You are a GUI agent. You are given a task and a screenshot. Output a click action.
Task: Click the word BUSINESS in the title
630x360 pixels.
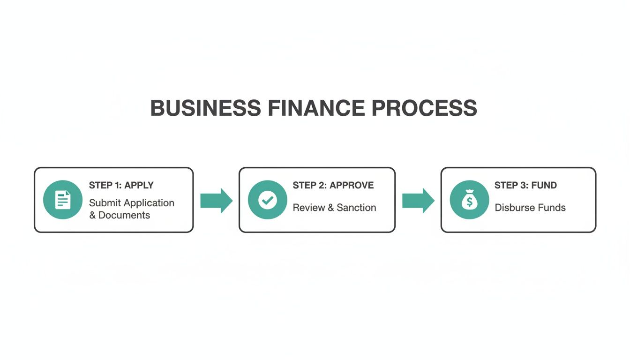point(205,108)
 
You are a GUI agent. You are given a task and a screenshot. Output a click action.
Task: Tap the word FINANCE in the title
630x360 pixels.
point(316,108)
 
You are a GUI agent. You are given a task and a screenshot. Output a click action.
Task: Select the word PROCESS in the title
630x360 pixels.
point(424,108)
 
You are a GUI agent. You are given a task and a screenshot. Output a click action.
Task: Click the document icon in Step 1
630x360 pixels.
point(63,200)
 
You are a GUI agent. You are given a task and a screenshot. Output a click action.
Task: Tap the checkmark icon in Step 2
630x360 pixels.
point(268,200)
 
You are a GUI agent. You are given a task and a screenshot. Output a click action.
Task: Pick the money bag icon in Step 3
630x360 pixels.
point(469,200)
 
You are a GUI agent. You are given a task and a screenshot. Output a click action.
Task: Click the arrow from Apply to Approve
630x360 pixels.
point(216,201)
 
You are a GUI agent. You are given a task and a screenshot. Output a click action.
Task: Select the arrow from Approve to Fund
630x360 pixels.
point(418,201)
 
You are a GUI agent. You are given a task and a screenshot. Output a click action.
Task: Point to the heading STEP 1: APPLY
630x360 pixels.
point(121,185)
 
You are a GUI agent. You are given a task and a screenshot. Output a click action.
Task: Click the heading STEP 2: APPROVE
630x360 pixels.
point(333,185)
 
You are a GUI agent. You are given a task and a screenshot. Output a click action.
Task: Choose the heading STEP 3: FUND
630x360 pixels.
point(525,185)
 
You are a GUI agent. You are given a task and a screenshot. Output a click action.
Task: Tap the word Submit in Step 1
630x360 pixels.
point(105,203)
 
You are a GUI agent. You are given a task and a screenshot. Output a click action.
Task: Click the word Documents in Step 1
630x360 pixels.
point(124,215)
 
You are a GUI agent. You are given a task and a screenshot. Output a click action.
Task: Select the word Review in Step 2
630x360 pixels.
point(307,207)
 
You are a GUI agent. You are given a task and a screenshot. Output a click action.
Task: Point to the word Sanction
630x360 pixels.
point(356,207)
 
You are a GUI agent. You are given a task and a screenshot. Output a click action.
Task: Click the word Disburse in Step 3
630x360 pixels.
point(513,207)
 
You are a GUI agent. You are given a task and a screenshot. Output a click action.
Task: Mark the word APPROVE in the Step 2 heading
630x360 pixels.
point(352,185)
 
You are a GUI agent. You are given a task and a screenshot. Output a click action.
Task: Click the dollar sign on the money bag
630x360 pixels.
point(469,202)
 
